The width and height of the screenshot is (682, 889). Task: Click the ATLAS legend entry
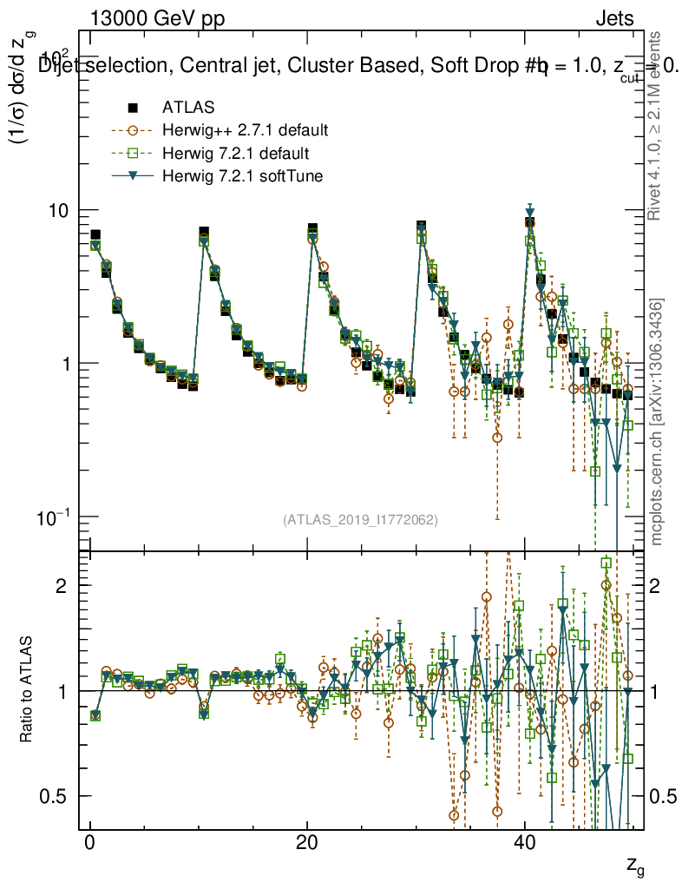pyautogui.click(x=187, y=109)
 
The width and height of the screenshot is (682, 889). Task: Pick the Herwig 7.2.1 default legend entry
pyautogui.click(x=236, y=154)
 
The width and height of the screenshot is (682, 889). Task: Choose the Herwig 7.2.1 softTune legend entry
pyautogui.click(x=243, y=177)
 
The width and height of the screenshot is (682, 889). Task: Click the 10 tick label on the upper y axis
pyautogui.click(x=63, y=211)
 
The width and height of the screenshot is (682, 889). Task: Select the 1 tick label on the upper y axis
pyautogui.click(x=69, y=364)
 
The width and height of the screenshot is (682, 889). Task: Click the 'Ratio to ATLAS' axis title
pyautogui.click(x=28, y=690)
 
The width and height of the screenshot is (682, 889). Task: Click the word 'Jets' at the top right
pyautogui.click(x=614, y=19)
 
